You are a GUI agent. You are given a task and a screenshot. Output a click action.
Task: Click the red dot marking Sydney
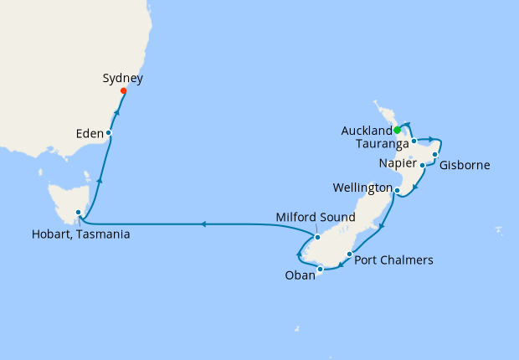(x=124, y=90)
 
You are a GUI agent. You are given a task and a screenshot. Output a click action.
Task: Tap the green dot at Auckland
(x=397, y=130)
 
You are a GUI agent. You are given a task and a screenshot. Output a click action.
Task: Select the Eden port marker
(x=109, y=133)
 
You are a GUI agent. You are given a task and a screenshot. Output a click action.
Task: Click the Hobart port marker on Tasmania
(x=79, y=213)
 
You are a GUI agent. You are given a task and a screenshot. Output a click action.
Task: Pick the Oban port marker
(x=321, y=269)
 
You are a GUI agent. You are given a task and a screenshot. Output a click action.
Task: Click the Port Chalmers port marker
(x=349, y=253)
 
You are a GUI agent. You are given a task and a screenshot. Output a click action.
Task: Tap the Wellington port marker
(x=396, y=191)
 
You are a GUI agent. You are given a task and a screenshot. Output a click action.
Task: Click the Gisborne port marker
(x=435, y=155)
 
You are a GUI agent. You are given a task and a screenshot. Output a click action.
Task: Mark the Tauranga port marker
(x=414, y=141)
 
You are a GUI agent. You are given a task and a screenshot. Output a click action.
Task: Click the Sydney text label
(x=123, y=79)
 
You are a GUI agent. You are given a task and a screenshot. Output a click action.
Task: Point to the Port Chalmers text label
(x=394, y=260)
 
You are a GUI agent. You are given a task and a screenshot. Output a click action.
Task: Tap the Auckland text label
(x=367, y=131)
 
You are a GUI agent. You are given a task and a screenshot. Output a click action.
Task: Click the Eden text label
(x=88, y=132)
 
